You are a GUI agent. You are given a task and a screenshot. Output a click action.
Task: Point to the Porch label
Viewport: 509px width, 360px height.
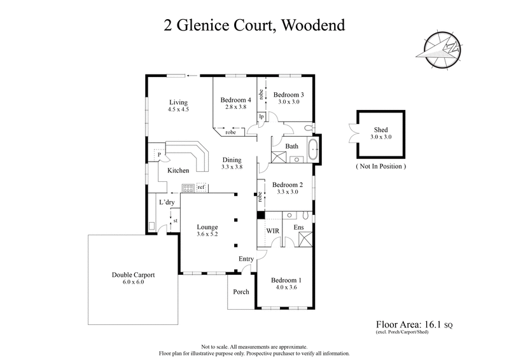[x=241, y=293]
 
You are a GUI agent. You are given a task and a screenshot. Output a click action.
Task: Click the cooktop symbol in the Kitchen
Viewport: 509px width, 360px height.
[x=188, y=187]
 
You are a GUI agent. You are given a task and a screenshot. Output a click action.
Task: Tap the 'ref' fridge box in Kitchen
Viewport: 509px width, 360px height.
[x=201, y=187]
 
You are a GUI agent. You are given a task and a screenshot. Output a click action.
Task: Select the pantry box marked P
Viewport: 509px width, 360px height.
[x=157, y=154]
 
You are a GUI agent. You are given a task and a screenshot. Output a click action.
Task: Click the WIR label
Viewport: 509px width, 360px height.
[x=272, y=229]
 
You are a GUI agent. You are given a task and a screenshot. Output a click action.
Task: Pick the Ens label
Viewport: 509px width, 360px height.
[x=298, y=226]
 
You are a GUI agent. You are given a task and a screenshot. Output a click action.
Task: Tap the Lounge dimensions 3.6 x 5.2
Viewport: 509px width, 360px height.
[x=207, y=234]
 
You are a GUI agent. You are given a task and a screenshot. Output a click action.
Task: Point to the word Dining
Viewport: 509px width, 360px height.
[x=232, y=160]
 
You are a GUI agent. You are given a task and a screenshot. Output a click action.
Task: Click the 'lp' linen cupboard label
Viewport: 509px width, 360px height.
[x=261, y=116]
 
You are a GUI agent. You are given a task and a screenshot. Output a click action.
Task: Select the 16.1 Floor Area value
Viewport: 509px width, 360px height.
[x=433, y=324]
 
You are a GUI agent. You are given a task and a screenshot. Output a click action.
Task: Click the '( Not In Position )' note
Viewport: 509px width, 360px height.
[x=380, y=166]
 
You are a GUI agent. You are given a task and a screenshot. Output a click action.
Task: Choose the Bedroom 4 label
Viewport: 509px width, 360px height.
[x=235, y=100]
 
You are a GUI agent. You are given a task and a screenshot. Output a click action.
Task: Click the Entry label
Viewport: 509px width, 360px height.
[x=247, y=259]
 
